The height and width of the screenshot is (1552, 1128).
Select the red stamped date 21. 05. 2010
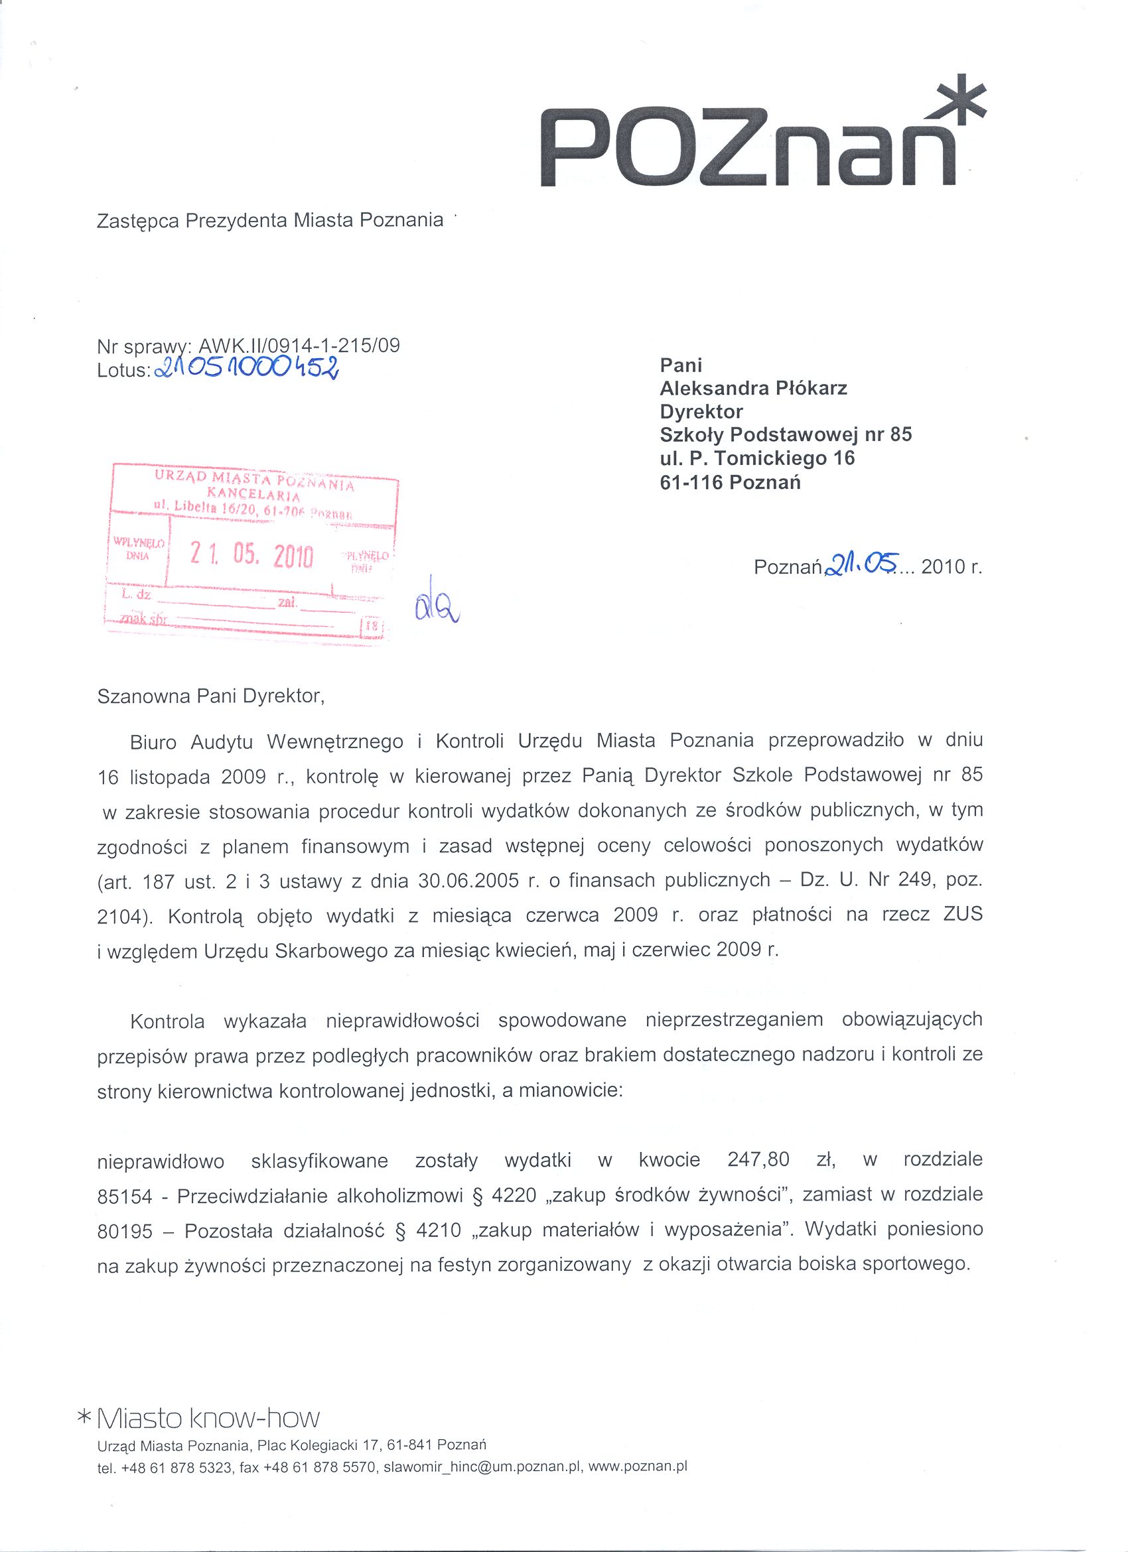coord(251,556)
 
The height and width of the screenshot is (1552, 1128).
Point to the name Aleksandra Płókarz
coord(753,389)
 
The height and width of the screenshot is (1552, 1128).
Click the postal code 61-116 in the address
coord(691,482)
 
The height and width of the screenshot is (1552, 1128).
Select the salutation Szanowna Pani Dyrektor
coord(210,696)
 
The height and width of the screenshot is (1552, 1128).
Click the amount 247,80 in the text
coord(758,1160)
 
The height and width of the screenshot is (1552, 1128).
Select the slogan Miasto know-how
coord(209,1418)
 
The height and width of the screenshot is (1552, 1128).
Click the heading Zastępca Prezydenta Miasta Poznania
coord(270,222)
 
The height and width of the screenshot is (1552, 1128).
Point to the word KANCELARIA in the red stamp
coord(253,494)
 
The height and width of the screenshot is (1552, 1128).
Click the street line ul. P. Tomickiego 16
coord(757,458)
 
